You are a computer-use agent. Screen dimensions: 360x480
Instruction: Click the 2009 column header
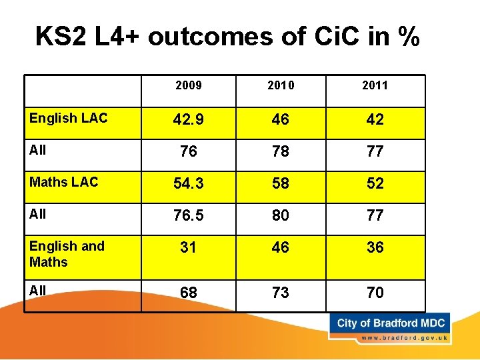click(188, 85)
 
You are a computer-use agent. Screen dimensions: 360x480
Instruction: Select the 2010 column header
click(280, 85)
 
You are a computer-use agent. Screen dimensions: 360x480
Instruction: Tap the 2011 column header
click(375, 85)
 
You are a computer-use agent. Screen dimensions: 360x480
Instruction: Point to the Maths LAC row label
click(63, 182)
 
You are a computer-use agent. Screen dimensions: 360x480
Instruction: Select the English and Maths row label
click(67, 254)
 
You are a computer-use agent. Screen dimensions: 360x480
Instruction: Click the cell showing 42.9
click(188, 120)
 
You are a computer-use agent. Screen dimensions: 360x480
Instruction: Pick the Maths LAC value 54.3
click(188, 184)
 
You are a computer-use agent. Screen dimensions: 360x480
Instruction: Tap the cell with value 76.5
click(188, 215)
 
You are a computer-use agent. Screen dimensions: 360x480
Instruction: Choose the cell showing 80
click(280, 215)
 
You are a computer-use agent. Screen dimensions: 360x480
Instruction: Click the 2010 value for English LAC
click(280, 120)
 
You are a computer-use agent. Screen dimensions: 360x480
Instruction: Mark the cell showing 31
click(188, 247)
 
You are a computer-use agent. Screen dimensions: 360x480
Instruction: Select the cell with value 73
click(280, 293)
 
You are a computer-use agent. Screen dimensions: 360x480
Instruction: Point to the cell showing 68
click(188, 293)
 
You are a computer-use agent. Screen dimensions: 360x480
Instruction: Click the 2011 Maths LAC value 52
click(375, 184)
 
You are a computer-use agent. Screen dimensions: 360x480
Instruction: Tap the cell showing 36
click(375, 247)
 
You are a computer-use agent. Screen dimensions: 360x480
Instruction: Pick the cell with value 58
click(280, 184)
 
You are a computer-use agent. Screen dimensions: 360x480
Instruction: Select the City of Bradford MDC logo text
click(391, 323)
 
